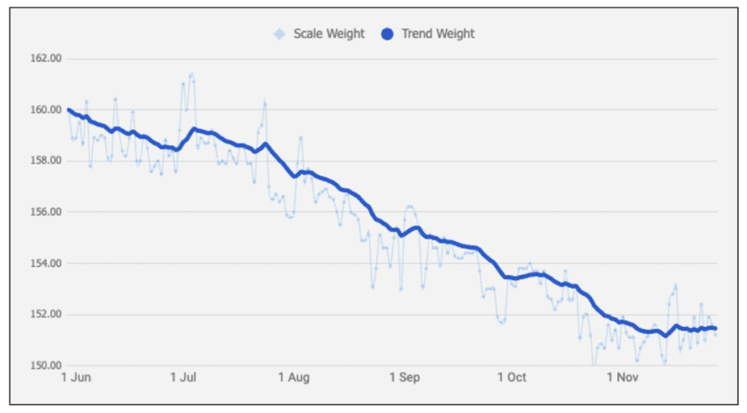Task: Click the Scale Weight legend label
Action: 328,34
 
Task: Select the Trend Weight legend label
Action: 438,34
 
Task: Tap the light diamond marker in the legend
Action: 280,34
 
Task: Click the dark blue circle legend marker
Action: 386,34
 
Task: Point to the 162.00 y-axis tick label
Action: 45,59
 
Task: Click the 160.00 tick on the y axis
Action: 45,110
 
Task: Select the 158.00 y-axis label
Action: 45,161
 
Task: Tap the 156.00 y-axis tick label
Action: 45,212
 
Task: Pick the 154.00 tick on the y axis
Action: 45,263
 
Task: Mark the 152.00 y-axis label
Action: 45,315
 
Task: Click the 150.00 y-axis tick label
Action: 45,366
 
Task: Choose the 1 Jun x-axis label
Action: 77,377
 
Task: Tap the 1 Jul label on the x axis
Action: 184,377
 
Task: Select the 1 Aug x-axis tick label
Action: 294,377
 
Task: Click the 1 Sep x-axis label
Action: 404,377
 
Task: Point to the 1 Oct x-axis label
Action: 512,377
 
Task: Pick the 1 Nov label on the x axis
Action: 622,377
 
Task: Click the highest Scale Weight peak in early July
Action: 192,74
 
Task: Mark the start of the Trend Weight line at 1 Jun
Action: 69,110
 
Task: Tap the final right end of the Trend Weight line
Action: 715,328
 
